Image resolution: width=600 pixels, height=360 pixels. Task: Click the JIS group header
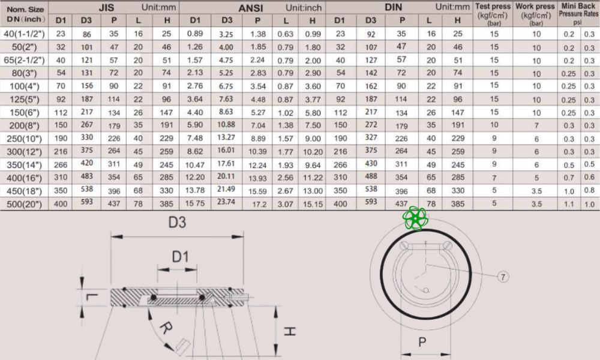pos(106,7)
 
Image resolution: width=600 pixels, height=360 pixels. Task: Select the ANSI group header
pos(251,8)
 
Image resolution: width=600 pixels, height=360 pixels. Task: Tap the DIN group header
pos(394,7)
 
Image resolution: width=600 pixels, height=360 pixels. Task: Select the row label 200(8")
pos(24,125)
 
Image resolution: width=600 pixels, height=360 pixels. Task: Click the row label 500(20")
pos(24,204)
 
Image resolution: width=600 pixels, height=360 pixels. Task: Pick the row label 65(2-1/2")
pos(24,61)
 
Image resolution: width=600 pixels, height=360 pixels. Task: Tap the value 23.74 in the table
pos(226,202)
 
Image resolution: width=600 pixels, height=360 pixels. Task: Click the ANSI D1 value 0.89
pos(195,34)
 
